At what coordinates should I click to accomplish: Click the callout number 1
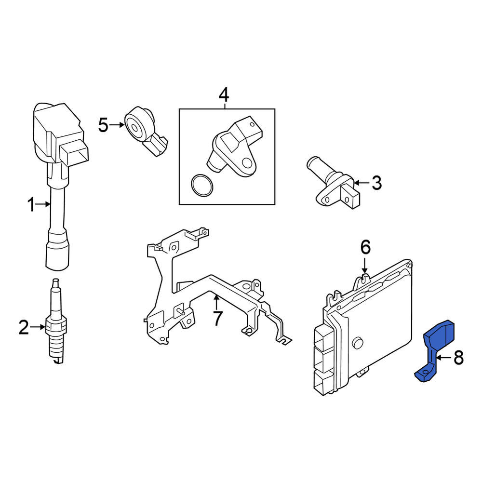[31, 205]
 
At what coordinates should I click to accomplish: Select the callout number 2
[24, 327]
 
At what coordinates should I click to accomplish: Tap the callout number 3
[376, 183]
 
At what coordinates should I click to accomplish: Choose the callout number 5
[103, 125]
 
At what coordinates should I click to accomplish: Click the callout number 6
[365, 247]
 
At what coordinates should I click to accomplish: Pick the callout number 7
[217, 319]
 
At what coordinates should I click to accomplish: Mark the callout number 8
[458, 358]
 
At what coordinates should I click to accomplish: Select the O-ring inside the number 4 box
[201, 186]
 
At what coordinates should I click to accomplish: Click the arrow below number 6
[365, 266]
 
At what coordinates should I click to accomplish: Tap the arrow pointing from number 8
[444, 358]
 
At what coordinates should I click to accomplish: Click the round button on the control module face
[357, 342]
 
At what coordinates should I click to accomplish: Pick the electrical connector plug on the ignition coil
[75, 152]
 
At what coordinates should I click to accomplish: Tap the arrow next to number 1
[43, 204]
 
